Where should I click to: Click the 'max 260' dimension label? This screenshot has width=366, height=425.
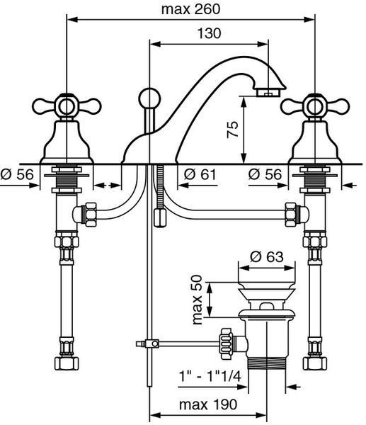point(190,9)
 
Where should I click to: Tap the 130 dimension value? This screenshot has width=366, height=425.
point(209,33)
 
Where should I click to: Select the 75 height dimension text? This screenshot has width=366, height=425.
point(233,130)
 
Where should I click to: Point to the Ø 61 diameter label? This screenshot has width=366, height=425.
point(200,174)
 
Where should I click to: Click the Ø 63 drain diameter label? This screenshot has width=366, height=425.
point(267,256)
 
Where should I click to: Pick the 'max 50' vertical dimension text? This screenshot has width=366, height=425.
point(198,300)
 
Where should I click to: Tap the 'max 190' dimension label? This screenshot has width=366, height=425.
point(208,404)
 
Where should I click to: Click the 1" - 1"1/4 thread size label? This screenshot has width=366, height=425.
point(210,376)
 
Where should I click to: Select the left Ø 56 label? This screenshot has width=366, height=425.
point(17,174)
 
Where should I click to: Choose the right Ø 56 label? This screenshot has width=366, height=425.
point(265,174)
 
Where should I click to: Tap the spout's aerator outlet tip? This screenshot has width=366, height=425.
point(268,92)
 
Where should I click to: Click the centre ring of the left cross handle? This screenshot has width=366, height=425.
point(67,106)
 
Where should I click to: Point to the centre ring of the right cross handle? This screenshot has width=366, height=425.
point(314,106)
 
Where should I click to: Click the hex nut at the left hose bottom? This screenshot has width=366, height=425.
point(67,363)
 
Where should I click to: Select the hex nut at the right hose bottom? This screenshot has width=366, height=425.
point(315,363)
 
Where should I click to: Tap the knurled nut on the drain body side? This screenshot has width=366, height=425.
point(226,344)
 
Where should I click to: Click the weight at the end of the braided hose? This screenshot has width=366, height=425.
point(159,217)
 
